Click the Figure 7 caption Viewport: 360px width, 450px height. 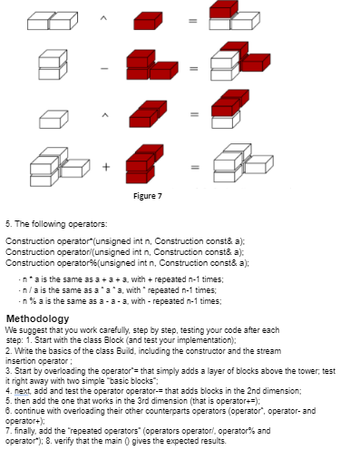[149, 195]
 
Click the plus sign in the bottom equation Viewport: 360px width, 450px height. [106, 165]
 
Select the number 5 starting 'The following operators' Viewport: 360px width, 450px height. [7, 222]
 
